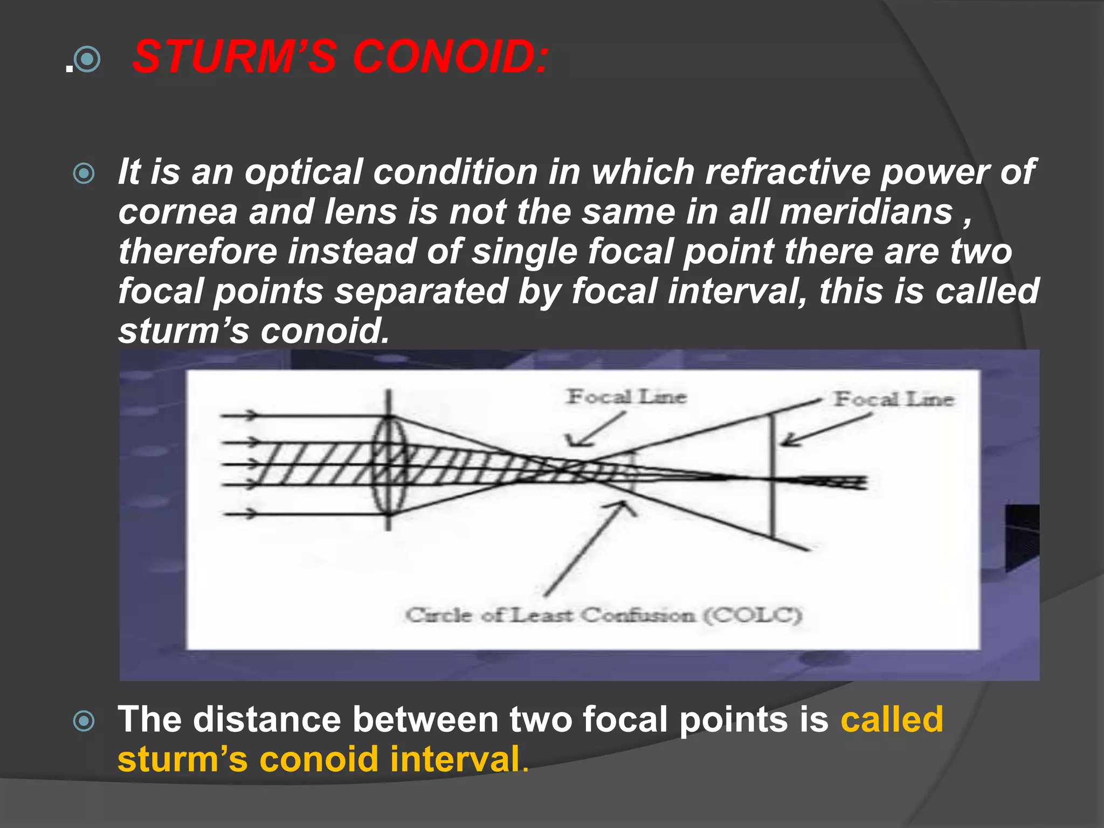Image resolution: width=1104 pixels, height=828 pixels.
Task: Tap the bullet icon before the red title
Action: point(87,60)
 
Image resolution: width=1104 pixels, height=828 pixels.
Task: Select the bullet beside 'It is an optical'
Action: point(84,174)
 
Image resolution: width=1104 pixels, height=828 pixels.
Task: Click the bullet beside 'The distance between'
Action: point(84,721)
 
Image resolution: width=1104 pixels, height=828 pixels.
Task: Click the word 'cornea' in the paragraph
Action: point(177,212)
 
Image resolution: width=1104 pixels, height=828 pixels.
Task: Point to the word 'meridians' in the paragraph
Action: point(866,212)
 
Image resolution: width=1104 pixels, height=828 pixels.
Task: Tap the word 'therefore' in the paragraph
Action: point(197,252)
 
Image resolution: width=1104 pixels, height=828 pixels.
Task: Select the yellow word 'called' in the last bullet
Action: point(892,720)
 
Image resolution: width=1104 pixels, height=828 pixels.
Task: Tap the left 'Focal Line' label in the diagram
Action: point(626,397)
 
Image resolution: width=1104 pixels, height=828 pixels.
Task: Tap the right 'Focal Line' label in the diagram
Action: point(894,399)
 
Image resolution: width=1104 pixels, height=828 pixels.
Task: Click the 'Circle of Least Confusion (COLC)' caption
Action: point(603,615)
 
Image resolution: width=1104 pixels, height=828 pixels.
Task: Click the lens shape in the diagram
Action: point(388,465)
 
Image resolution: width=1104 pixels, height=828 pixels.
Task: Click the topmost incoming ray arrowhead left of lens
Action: point(251,415)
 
